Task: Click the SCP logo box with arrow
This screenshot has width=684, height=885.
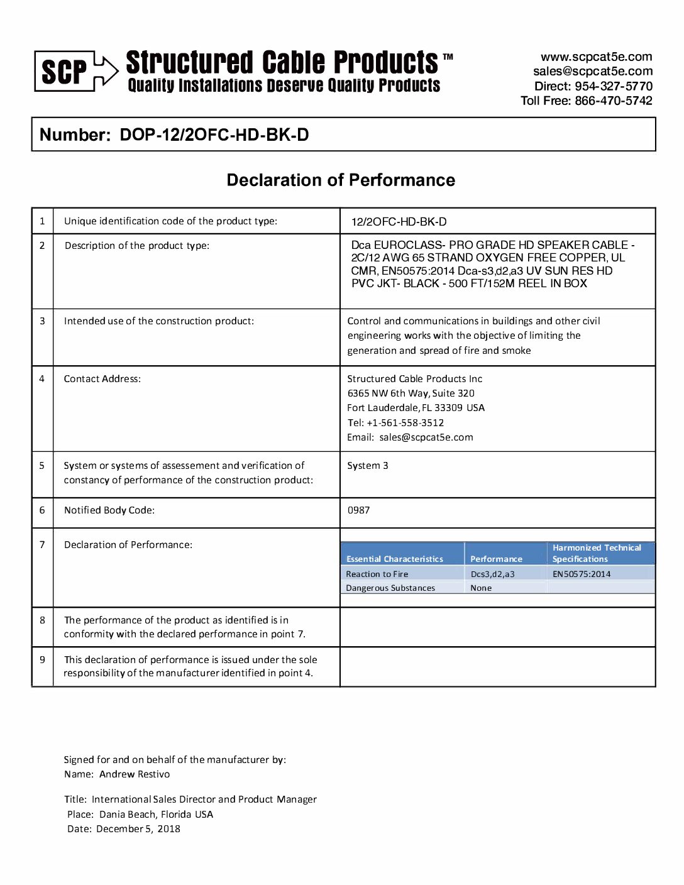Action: (x=75, y=71)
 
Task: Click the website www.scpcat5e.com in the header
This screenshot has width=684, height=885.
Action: (x=596, y=57)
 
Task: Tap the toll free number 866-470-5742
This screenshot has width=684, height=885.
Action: (x=613, y=101)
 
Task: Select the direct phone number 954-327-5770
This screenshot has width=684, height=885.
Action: (x=613, y=86)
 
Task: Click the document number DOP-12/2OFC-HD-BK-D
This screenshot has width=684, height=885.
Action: (x=214, y=135)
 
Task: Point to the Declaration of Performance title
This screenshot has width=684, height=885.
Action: (x=341, y=180)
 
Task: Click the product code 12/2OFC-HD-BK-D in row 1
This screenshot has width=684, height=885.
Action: (x=399, y=222)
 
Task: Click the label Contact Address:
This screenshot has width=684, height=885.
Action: (x=102, y=379)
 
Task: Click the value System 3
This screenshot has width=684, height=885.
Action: (x=368, y=466)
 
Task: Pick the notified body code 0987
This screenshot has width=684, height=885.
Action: (x=358, y=510)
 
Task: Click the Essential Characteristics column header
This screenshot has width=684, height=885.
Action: (x=395, y=559)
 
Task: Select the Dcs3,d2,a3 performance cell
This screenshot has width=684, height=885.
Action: (x=492, y=574)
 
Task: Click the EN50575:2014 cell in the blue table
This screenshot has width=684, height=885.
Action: (x=582, y=574)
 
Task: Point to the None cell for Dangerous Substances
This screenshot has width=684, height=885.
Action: (x=481, y=588)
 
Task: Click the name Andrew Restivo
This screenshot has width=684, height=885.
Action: (x=135, y=774)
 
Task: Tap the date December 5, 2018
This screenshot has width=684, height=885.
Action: (x=138, y=829)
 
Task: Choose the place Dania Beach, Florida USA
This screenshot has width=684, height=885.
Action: (x=156, y=815)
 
